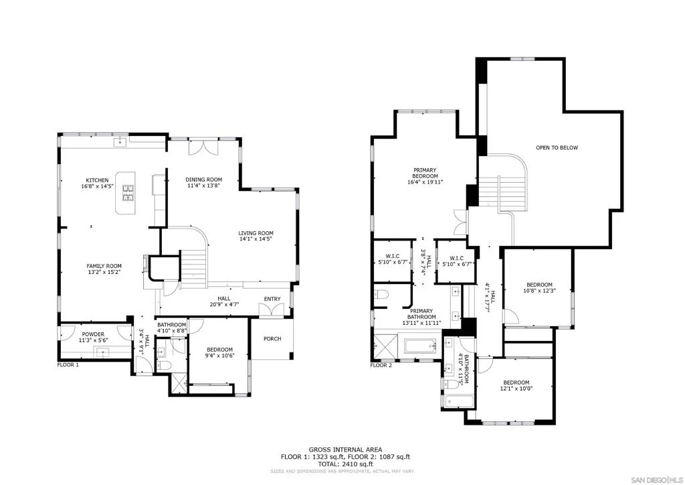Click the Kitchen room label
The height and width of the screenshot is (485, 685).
pyautogui.click(x=97, y=180)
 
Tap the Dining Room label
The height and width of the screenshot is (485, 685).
pyautogui.click(x=203, y=180)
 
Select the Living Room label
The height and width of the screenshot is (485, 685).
pyautogui.click(x=256, y=233)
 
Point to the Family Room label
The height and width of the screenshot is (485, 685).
pyautogui.click(x=104, y=266)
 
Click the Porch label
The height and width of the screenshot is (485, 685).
pyautogui.click(x=273, y=338)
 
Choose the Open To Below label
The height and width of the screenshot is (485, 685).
pyautogui.click(x=557, y=148)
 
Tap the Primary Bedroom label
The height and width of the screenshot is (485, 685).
pyautogui.click(x=425, y=174)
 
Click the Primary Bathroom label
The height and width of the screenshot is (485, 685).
pyautogui.click(x=421, y=314)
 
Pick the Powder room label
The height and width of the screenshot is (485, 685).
pyautogui.click(x=93, y=334)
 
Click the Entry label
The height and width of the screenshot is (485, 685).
pyautogui.click(x=272, y=299)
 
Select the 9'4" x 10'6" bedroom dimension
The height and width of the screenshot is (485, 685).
pyautogui.click(x=219, y=356)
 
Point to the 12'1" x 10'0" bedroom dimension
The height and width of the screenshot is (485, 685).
pyautogui.click(x=516, y=389)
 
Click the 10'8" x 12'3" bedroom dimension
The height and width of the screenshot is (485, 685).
pyautogui.click(x=540, y=290)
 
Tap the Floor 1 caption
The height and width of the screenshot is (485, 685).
pyautogui.click(x=68, y=364)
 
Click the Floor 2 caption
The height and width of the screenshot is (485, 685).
pyautogui.click(x=381, y=365)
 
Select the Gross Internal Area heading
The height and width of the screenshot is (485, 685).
pyautogui.click(x=345, y=449)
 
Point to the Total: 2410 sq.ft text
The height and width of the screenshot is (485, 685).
pyautogui.click(x=345, y=464)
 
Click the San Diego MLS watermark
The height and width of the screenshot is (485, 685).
pyautogui.click(x=658, y=478)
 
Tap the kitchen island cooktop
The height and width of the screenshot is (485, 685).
pyautogui.click(x=128, y=193)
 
